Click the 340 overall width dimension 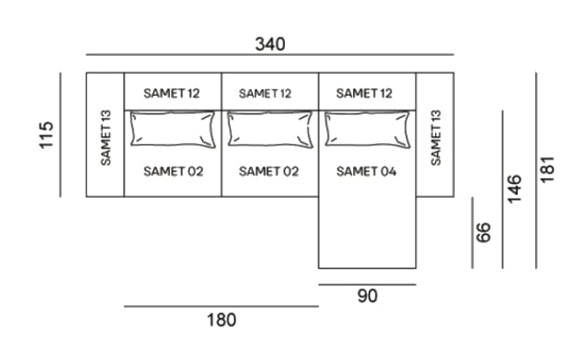(x=269, y=43)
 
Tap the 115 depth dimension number (x=47, y=135)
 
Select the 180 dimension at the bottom (x=221, y=320)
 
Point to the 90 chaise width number (x=368, y=296)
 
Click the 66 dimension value (x=485, y=232)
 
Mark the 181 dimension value (x=547, y=169)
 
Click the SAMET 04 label (x=366, y=172)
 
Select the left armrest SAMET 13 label (x=105, y=137)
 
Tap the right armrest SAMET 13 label (x=436, y=137)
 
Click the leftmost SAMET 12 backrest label (x=172, y=92)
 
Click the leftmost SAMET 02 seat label (x=173, y=172)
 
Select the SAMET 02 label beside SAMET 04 (x=268, y=172)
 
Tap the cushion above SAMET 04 (x=367, y=130)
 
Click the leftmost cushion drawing (x=172, y=130)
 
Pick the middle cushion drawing (x=269, y=130)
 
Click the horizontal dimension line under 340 (x=269, y=55)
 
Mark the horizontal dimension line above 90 (x=367, y=284)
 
